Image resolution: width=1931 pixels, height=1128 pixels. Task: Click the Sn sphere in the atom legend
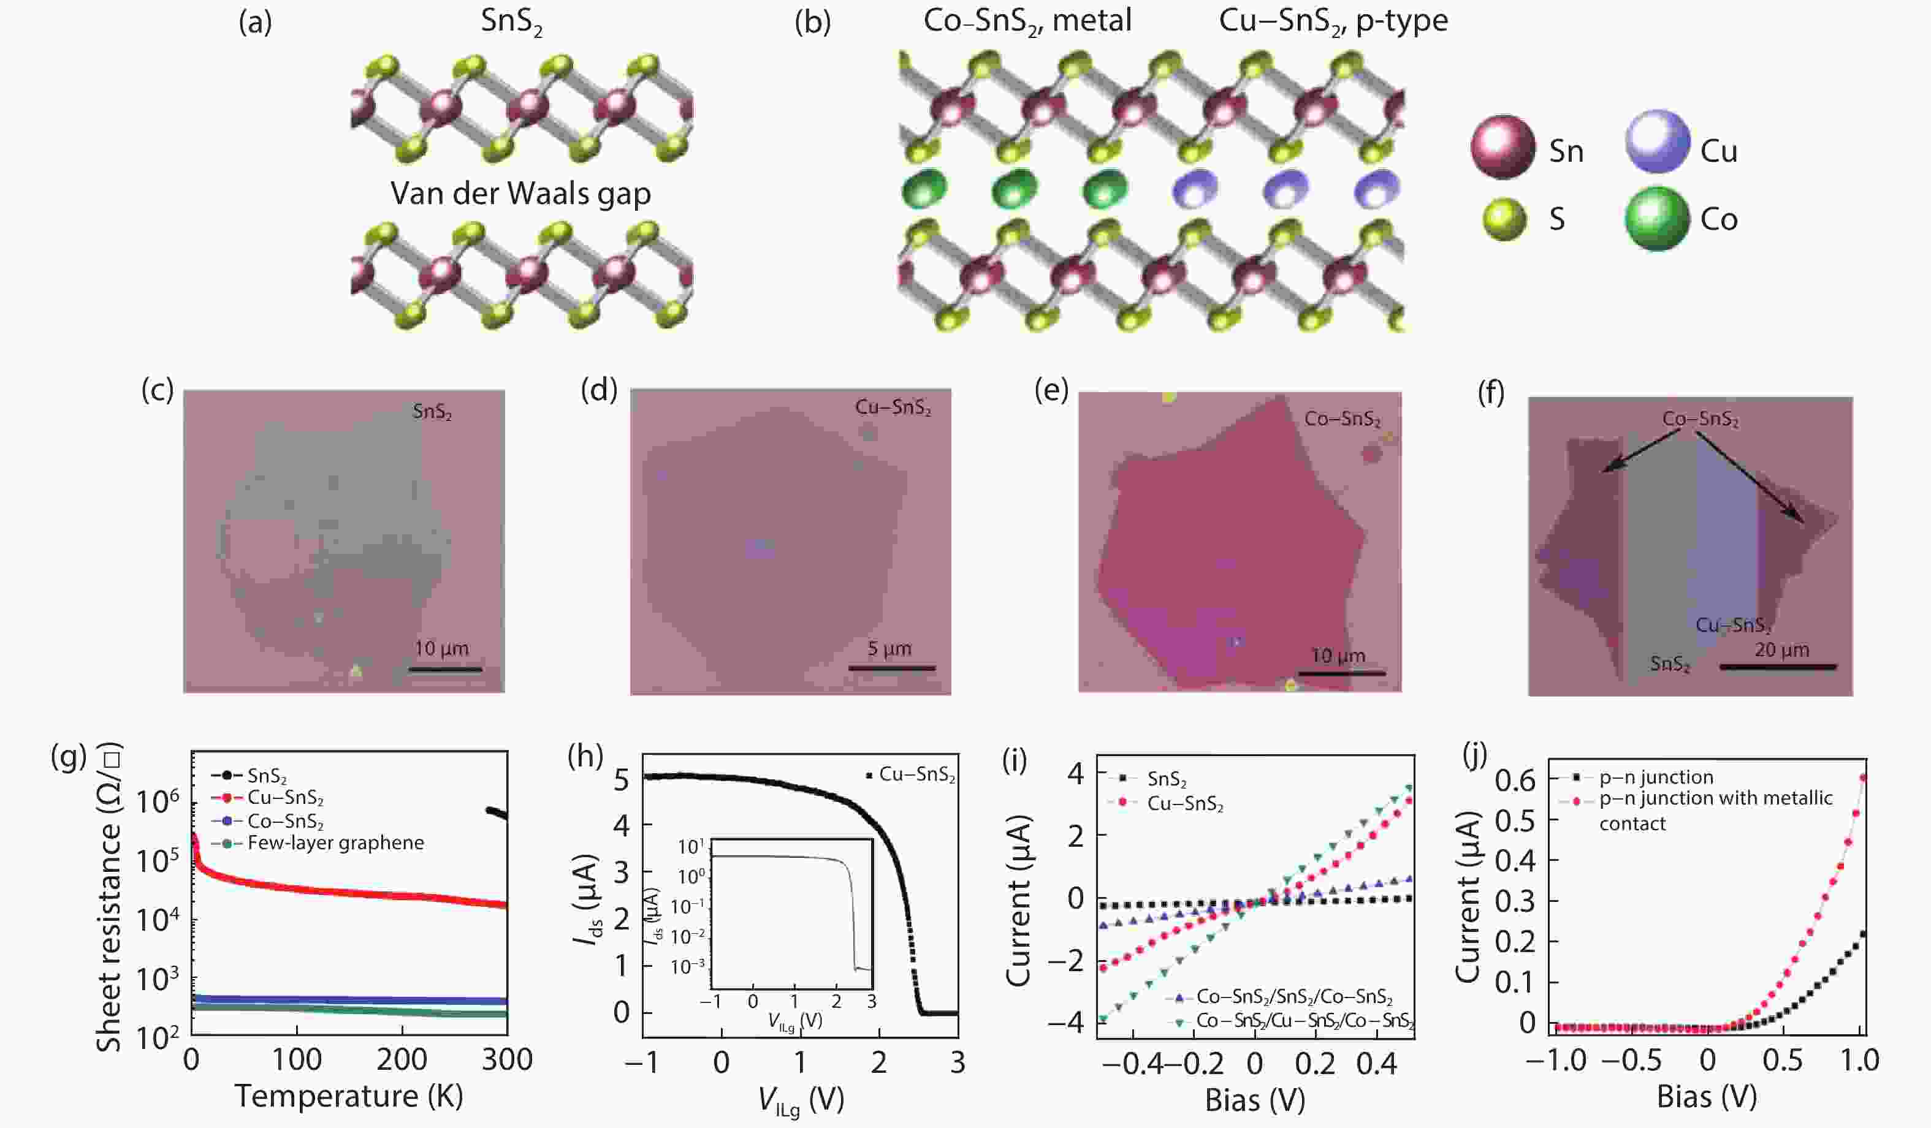point(1502,148)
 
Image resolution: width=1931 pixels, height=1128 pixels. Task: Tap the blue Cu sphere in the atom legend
point(1658,142)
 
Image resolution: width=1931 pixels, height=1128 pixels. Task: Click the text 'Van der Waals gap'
point(520,193)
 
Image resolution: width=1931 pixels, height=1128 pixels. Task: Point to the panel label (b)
point(812,23)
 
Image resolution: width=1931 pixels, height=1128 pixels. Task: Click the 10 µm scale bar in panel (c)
point(445,669)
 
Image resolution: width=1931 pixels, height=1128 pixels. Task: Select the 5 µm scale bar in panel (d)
point(891,668)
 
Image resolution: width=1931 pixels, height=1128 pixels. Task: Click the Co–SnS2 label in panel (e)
point(1342,419)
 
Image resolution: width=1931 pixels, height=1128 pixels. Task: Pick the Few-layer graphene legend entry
point(335,843)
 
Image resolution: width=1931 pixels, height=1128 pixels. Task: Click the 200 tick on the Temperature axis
point(402,1060)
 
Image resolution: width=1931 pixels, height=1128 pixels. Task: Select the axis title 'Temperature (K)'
point(349,1096)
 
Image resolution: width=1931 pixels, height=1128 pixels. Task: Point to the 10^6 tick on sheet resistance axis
point(157,803)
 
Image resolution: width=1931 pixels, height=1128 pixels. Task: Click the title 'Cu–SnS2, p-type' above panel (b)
point(1333,21)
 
